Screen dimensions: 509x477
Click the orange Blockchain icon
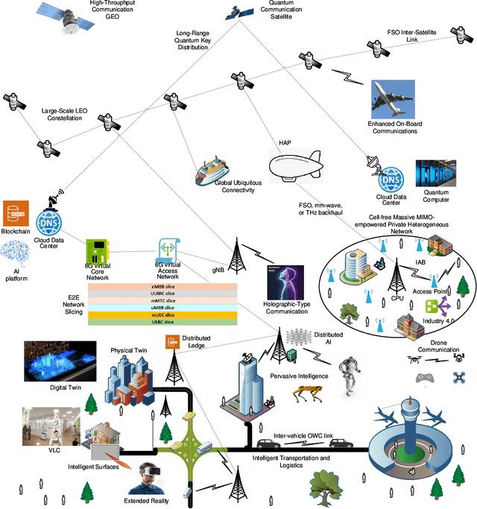point(15,214)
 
